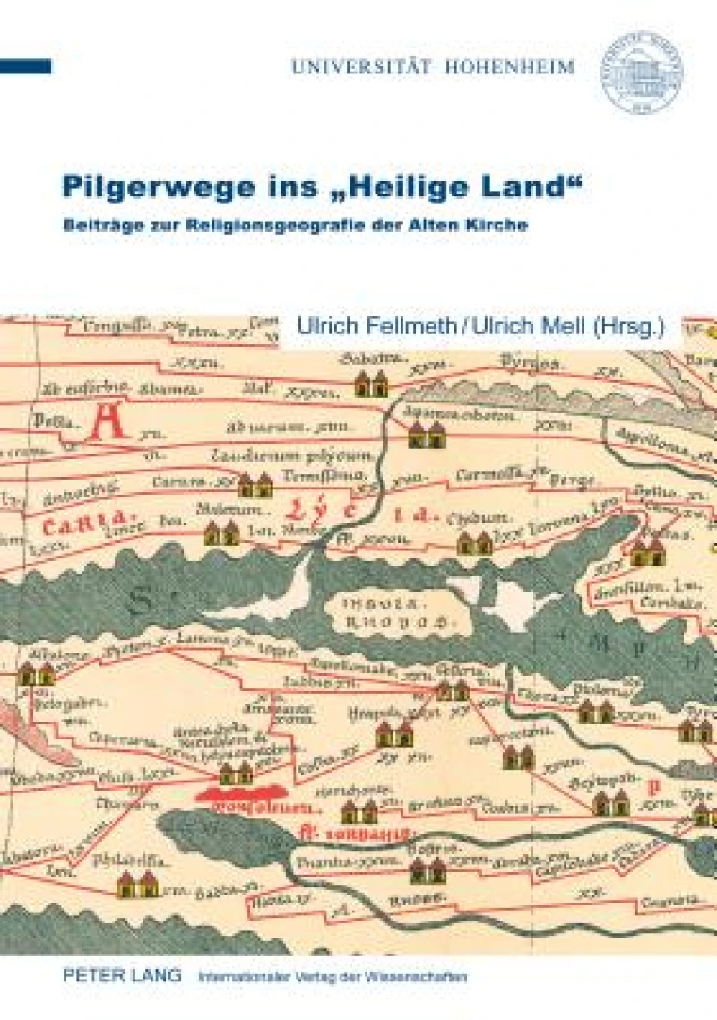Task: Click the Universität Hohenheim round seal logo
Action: (x=641, y=73)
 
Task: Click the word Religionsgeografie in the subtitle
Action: (x=290, y=225)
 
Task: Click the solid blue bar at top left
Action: (x=25, y=66)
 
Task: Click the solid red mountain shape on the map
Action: (x=241, y=793)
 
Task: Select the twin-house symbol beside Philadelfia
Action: (x=138, y=885)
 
